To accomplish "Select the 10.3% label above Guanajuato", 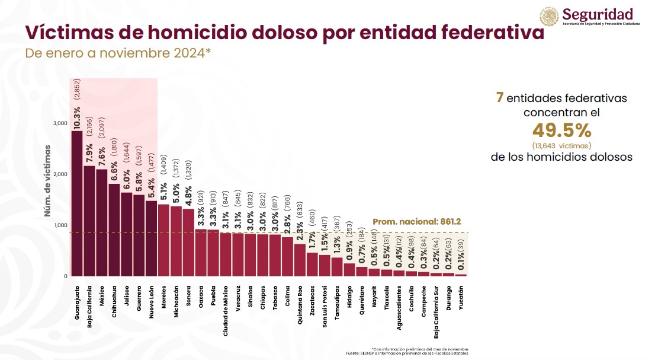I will click(77, 116).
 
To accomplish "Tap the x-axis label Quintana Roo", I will click(300, 304).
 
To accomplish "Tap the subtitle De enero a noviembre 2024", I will click(118, 53).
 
